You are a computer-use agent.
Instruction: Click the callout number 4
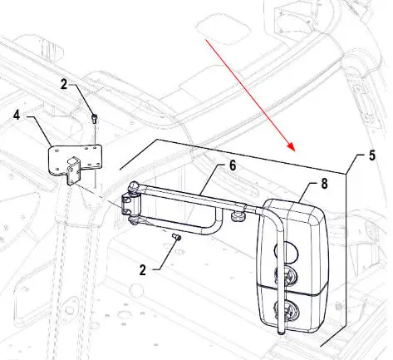pos(17,115)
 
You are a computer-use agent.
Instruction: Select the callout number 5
pos(372,155)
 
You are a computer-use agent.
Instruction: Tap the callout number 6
pos(233,165)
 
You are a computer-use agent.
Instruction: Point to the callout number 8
pos(324,184)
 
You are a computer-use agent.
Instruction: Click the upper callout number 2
pos(64,84)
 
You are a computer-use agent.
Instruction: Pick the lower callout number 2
pos(143,270)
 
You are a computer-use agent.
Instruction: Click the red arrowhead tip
pos(294,151)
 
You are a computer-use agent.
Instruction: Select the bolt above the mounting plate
pos(94,119)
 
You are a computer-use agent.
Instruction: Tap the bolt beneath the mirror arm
pos(176,236)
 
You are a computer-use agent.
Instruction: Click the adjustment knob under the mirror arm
pos(236,215)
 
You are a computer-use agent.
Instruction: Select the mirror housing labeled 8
pos(293,266)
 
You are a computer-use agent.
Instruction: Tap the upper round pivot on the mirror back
pos(285,275)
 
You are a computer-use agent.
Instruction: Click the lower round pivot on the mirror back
pos(285,310)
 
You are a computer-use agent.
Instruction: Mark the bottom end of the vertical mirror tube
pos(281,333)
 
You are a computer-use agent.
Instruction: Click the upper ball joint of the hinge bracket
pos(135,186)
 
